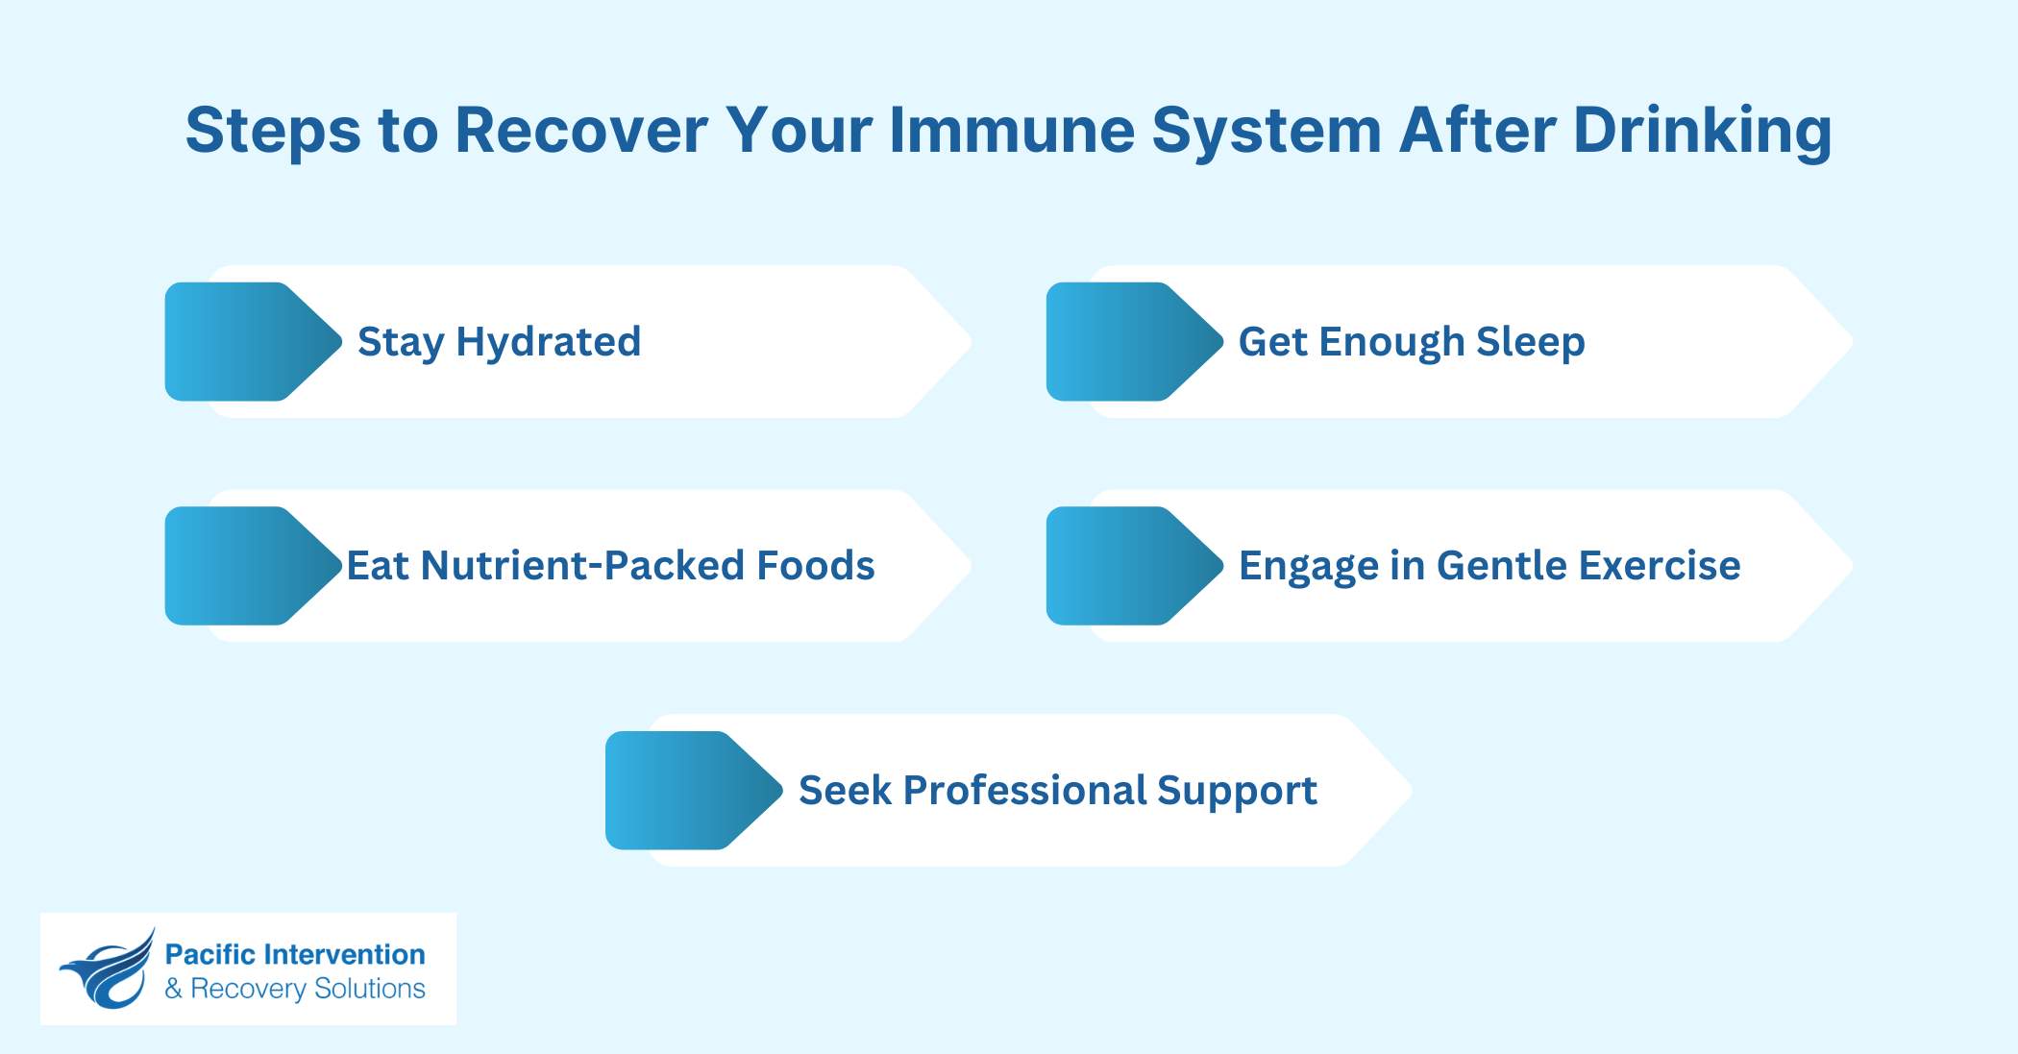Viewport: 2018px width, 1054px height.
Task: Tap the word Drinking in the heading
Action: (1702, 132)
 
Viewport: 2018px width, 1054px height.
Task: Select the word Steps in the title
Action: (273, 132)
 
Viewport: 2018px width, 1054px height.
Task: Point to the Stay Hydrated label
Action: (499, 342)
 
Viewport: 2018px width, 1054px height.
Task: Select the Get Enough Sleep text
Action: (1411, 342)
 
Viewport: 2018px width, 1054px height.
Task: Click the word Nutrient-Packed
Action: (583, 566)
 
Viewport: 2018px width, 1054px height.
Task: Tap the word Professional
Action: (1024, 791)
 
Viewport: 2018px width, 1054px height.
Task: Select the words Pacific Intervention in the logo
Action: (295, 954)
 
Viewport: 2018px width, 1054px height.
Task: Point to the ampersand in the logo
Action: (174, 989)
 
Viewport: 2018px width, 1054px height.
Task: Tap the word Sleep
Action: (1530, 342)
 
